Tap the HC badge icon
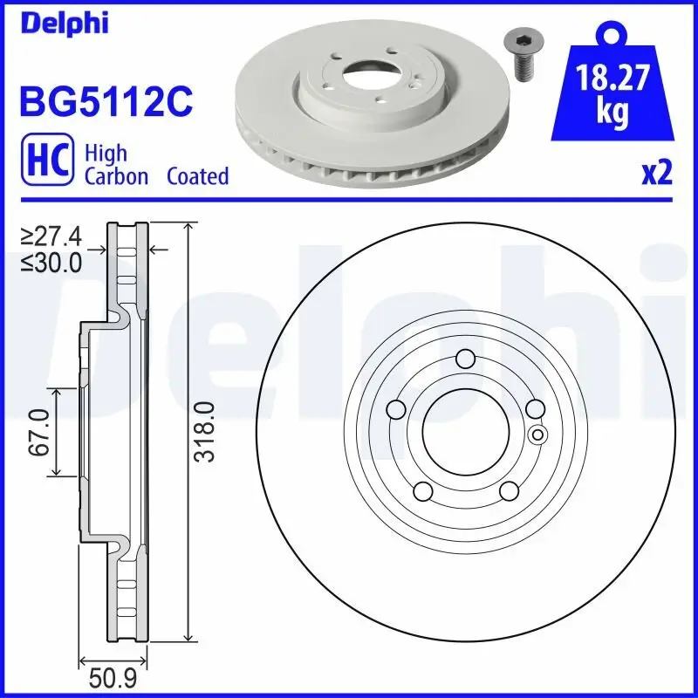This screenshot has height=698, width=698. pos(46,164)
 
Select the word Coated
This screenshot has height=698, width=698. pos(197,176)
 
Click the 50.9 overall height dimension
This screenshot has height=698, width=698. pos(113,676)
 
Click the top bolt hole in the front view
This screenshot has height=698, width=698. pos(465,359)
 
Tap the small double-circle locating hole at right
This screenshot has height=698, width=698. pos(537,435)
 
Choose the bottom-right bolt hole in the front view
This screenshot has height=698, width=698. pos(509,492)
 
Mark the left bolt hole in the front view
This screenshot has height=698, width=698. pos(395,409)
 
